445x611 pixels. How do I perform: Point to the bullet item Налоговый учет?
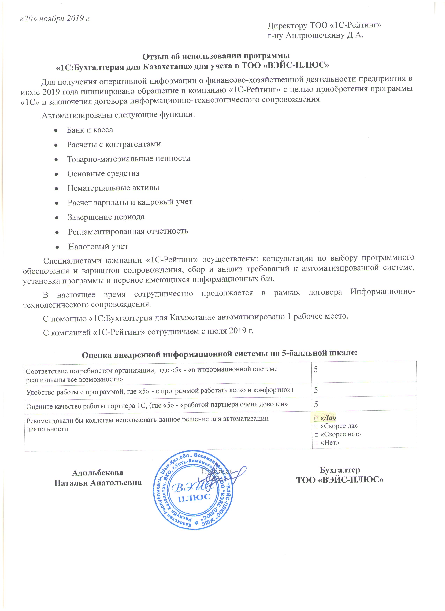(98, 246)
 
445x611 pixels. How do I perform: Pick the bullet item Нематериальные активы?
(113, 188)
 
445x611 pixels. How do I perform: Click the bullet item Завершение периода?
(106, 217)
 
